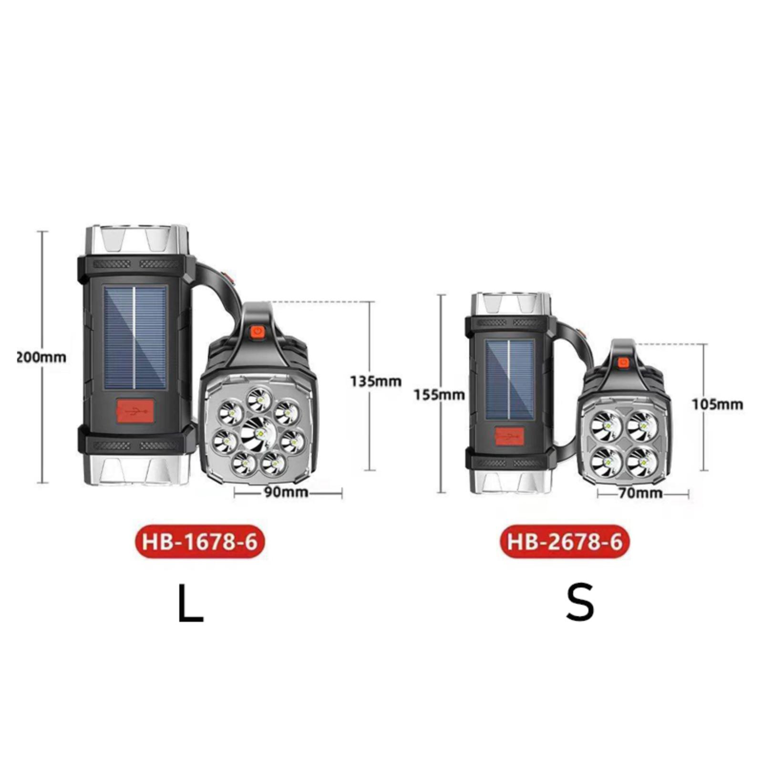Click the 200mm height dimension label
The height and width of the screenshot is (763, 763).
pyautogui.click(x=41, y=357)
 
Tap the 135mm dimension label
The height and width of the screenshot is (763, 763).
pyautogui.click(x=376, y=381)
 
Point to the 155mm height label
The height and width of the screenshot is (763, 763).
pyautogui.click(x=439, y=395)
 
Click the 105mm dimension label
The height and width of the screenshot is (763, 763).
pyautogui.click(x=717, y=404)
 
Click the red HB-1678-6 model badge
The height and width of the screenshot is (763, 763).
pyautogui.click(x=200, y=542)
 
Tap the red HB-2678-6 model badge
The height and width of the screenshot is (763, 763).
pyautogui.click(x=565, y=542)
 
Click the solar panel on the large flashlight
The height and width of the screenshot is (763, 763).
pyautogui.click(x=135, y=337)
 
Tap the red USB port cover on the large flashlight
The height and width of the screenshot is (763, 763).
pyautogui.click(x=135, y=410)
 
